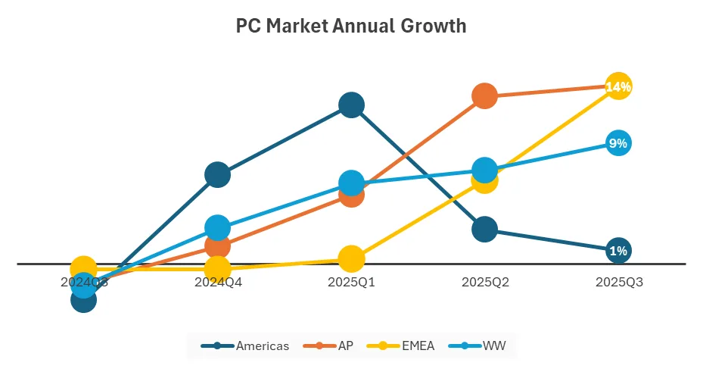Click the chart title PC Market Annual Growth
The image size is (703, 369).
point(351,27)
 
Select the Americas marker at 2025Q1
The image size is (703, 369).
point(351,105)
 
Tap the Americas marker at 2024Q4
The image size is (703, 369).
point(217,174)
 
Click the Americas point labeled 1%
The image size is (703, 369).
point(618,251)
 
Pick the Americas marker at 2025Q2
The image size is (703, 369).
point(484,229)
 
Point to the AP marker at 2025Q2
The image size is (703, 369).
point(484,95)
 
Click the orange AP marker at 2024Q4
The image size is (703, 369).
point(217,245)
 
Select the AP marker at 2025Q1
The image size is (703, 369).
point(351,195)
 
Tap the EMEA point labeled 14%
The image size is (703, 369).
point(618,86)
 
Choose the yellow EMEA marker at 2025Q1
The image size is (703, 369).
point(351,258)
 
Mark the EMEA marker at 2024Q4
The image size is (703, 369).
point(217,268)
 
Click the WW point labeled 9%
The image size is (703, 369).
point(618,143)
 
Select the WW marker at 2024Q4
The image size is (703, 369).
point(217,227)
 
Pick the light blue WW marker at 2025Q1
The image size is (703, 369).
point(351,183)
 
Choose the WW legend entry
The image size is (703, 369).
point(478,346)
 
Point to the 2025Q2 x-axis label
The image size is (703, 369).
point(484,282)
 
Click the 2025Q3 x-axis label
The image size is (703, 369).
point(618,282)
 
